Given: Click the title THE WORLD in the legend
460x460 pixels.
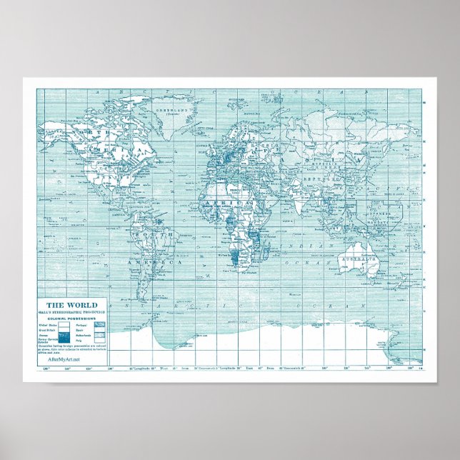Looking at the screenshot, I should click(x=73, y=305).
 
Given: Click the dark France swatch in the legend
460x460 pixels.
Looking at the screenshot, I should click(x=64, y=334).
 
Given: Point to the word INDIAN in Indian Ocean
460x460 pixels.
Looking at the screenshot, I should click(x=316, y=245).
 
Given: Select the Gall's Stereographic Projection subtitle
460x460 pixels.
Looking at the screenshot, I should click(x=73, y=313).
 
